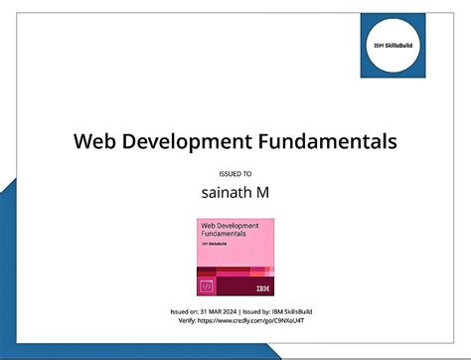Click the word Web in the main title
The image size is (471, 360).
95,141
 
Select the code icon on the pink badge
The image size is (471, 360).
207,286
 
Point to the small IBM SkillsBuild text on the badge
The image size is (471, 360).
213,244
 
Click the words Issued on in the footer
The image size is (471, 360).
184,311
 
